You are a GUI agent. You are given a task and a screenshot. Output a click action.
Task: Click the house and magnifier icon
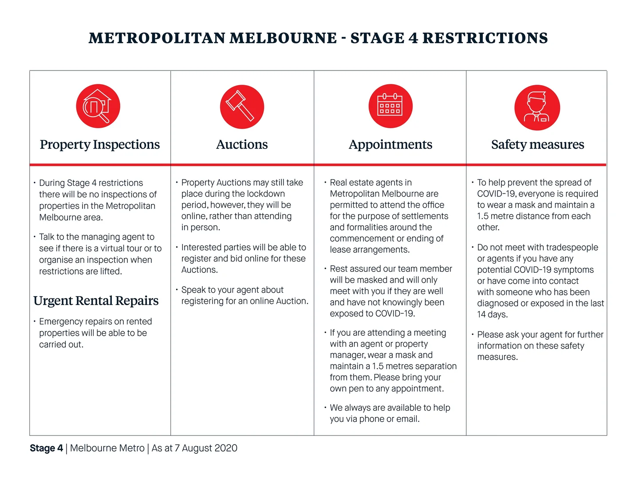tap(98, 106)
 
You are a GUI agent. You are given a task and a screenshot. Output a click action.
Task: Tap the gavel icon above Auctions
tap(242, 106)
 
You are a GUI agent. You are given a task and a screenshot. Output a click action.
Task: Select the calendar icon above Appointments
tap(390, 106)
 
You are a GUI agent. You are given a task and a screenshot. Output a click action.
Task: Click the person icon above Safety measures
tap(537, 107)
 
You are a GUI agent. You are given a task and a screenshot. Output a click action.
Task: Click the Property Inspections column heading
tap(100, 145)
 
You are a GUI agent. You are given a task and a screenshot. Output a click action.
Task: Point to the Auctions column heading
tap(242, 145)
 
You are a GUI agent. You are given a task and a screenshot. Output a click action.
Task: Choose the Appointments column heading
tap(390, 145)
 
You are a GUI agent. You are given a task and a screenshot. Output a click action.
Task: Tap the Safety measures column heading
tap(537, 145)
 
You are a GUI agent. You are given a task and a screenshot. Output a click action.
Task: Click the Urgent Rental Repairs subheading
tap(96, 301)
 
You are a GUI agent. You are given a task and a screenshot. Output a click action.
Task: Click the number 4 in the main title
tap(413, 38)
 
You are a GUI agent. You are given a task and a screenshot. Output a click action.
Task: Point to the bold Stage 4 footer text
tap(47, 448)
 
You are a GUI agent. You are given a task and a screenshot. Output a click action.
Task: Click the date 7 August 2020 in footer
tap(206, 448)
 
